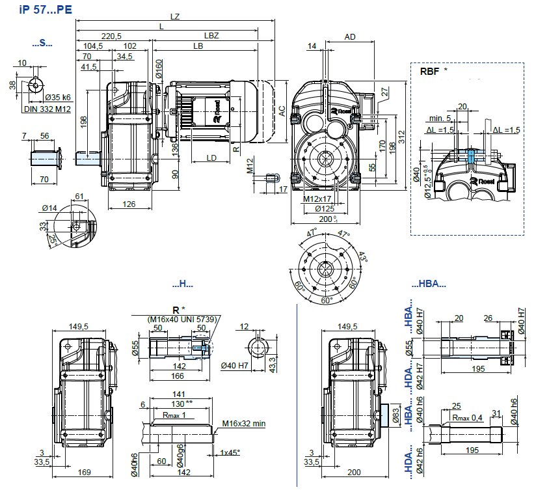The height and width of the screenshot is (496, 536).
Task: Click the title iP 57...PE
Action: pyautogui.click(x=46, y=10)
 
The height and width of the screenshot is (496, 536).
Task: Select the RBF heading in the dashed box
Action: pyautogui.click(x=430, y=72)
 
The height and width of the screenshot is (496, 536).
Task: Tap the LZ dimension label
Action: pyautogui.click(x=175, y=16)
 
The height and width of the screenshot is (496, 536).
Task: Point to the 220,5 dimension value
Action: pyautogui.click(x=111, y=36)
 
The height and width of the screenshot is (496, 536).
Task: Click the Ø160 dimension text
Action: pyautogui.click(x=159, y=69)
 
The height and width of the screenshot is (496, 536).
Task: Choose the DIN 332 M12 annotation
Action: pyautogui.click(x=47, y=109)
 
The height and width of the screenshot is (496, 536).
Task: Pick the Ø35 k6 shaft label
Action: pyautogui.click(x=58, y=98)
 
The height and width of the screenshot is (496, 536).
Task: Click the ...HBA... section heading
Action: pyautogui.click(x=429, y=284)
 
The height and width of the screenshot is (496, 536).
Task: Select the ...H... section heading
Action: pyautogui.click(x=183, y=284)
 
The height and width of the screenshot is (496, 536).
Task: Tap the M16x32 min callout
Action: pyautogui.click(x=244, y=424)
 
